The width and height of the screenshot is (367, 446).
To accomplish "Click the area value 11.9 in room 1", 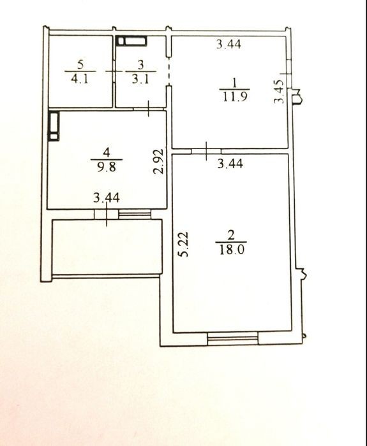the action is click(x=235, y=97).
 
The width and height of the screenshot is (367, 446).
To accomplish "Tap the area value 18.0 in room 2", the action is click(x=232, y=250).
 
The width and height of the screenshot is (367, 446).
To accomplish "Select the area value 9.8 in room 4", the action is click(x=107, y=167).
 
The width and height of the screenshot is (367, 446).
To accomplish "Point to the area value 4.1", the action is click(x=80, y=78).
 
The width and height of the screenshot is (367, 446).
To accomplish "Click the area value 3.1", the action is click(x=140, y=78).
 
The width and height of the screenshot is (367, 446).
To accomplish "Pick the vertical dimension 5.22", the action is click(x=183, y=245).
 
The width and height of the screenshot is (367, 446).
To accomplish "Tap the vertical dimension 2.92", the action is click(x=158, y=161).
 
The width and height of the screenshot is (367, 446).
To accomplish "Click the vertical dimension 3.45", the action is click(x=279, y=92).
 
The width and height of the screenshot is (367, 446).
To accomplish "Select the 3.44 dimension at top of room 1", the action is click(x=228, y=45).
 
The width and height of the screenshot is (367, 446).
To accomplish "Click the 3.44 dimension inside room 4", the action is click(x=107, y=198).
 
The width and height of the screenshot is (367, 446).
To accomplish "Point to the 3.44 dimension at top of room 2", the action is click(x=230, y=164).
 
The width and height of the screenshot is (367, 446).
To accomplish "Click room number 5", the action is click(x=80, y=65).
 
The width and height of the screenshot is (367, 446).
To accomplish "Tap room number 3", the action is click(x=141, y=65).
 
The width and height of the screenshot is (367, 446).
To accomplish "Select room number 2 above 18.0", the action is click(x=231, y=236).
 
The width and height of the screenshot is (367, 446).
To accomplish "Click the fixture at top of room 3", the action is click(x=132, y=41).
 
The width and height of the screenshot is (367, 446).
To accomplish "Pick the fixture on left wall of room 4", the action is click(x=54, y=126).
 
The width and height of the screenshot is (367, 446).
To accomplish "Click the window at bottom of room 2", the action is click(x=233, y=339).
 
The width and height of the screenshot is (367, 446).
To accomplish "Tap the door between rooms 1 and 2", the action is click(x=206, y=151).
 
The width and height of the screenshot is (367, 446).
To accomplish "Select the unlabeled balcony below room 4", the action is click(x=107, y=247).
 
